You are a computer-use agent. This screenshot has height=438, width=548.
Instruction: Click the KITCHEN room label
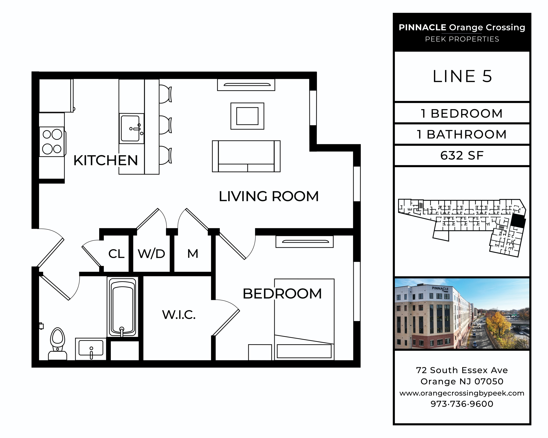(105, 160)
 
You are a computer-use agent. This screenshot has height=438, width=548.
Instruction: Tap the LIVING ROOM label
(269, 196)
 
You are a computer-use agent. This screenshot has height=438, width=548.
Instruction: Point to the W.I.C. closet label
(179, 315)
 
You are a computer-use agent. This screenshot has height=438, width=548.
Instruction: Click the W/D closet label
(151, 254)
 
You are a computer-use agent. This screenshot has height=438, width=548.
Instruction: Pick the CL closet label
(116, 254)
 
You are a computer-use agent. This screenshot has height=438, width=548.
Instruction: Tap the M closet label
(193, 253)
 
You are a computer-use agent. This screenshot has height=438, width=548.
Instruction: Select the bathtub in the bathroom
(123, 307)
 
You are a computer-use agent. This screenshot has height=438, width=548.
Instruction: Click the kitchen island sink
(131, 128)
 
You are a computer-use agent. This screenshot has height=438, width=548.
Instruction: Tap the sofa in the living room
(246, 156)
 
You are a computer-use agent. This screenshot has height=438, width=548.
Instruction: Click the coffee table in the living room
(247, 116)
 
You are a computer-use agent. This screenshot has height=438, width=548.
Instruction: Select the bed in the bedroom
(304, 319)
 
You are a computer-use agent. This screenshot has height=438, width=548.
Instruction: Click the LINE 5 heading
(462, 76)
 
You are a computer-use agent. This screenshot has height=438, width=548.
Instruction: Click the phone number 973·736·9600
(462, 404)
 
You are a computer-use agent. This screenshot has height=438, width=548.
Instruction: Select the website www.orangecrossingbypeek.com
(462, 393)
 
